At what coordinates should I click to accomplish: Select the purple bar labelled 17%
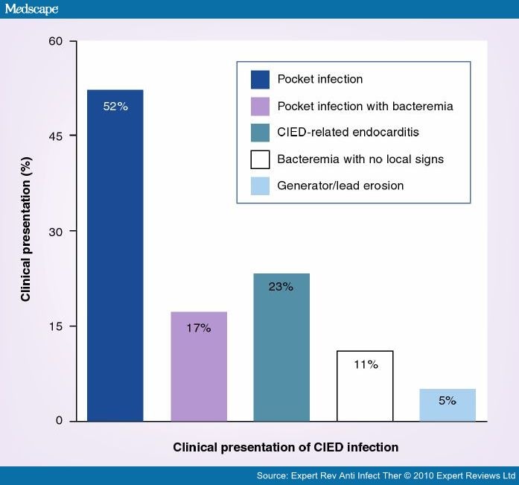(199, 367)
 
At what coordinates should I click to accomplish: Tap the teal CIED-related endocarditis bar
(281, 347)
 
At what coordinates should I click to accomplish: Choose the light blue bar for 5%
(448, 405)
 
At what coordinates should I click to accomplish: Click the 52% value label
(115, 107)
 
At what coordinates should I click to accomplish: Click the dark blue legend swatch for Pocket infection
(260, 80)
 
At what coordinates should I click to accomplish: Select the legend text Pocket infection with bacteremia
(365, 106)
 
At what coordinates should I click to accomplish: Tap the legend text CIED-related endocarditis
(348, 133)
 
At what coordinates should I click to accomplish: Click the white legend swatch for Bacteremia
(260, 159)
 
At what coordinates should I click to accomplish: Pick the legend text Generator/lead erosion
(340, 185)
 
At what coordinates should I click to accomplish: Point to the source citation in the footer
(386, 475)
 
